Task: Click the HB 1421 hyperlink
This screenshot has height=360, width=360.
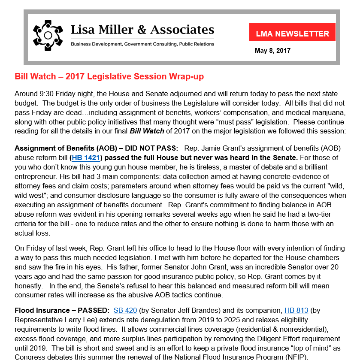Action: [85, 157]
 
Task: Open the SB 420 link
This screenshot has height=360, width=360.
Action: [125, 310]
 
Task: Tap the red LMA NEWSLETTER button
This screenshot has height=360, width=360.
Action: [292, 33]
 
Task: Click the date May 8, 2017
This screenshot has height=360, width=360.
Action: [272, 51]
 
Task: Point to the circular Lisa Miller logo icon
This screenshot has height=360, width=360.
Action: [48, 33]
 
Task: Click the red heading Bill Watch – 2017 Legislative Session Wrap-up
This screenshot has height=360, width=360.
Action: [109, 77]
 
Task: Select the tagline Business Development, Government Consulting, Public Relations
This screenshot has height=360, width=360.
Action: [142, 44]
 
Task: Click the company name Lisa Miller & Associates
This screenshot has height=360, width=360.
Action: [142, 30]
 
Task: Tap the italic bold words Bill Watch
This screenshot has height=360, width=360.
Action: [142, 131]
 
